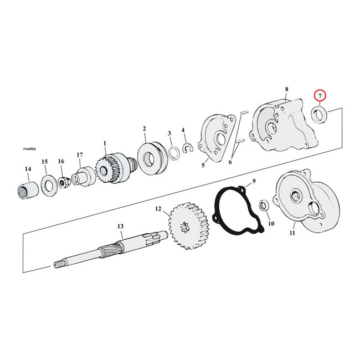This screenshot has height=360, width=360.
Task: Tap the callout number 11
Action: point(292,233)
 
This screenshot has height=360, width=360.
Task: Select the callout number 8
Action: point(286,89)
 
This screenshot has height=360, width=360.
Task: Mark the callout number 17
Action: point(80,155)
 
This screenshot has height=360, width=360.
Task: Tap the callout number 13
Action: point(120,227)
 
